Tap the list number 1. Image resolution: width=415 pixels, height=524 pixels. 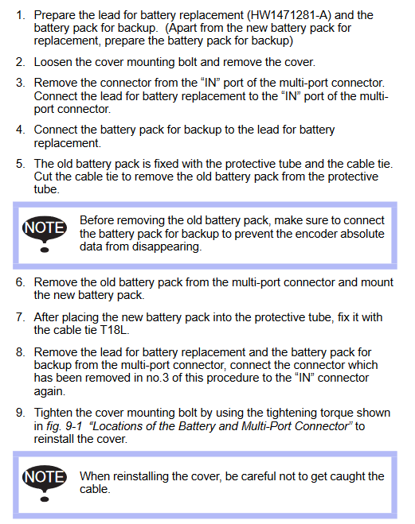pos(20,15)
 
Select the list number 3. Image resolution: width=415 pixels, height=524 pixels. pos(20,83)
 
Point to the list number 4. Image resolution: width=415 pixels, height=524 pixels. pos(20,130)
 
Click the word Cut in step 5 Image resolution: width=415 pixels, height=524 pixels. pos(43,177)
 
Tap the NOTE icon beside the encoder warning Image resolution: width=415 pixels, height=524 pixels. pos(45,233)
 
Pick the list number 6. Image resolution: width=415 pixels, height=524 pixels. pos(20,282)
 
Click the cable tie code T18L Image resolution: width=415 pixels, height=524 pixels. pos(115,330)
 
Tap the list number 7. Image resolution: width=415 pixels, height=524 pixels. pos(20,317)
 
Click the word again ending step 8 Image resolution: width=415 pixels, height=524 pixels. pos(49,392)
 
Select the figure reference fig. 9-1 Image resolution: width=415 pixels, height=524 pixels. pos(65,426)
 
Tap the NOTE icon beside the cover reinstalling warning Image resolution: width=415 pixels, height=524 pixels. pos(45,483)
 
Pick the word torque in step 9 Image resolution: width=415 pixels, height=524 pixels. pos(336,413)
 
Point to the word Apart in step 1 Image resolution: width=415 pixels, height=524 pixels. pos(183,28)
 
